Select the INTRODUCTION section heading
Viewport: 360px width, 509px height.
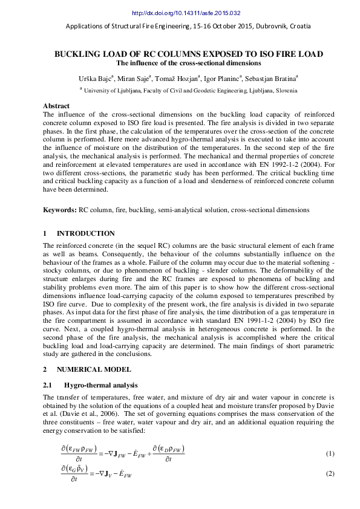click(x=85, y=233)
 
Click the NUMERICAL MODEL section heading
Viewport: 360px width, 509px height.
click(x=91, y=368)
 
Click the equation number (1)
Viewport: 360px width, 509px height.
click(x=330, y=453)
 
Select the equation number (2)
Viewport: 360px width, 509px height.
click(x=330, y=473)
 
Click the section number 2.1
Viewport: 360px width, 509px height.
click(x=48, y=385)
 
